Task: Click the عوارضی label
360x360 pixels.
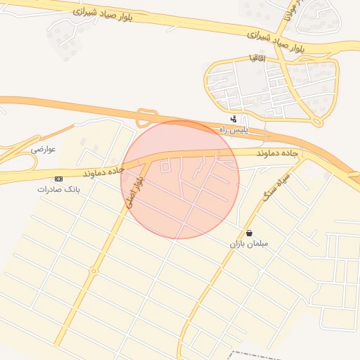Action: coord(43,150)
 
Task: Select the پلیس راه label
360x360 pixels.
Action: coord(233,130)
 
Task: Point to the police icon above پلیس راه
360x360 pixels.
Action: coord(233,119)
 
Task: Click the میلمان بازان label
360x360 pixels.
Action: coord(249,244)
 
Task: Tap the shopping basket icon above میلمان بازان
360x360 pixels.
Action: coord(250,233)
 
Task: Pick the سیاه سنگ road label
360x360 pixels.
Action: coord(276,186)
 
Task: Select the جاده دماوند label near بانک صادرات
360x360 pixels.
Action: coord(103,171)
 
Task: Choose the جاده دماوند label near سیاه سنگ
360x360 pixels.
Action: coord(259,153)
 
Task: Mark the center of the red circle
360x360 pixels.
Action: coord(180,179)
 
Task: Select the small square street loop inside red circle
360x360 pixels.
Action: coord(166,167)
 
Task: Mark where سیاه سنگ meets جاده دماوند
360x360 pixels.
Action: coord(300,157)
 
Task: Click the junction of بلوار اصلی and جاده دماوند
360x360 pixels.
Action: coord(149,160)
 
